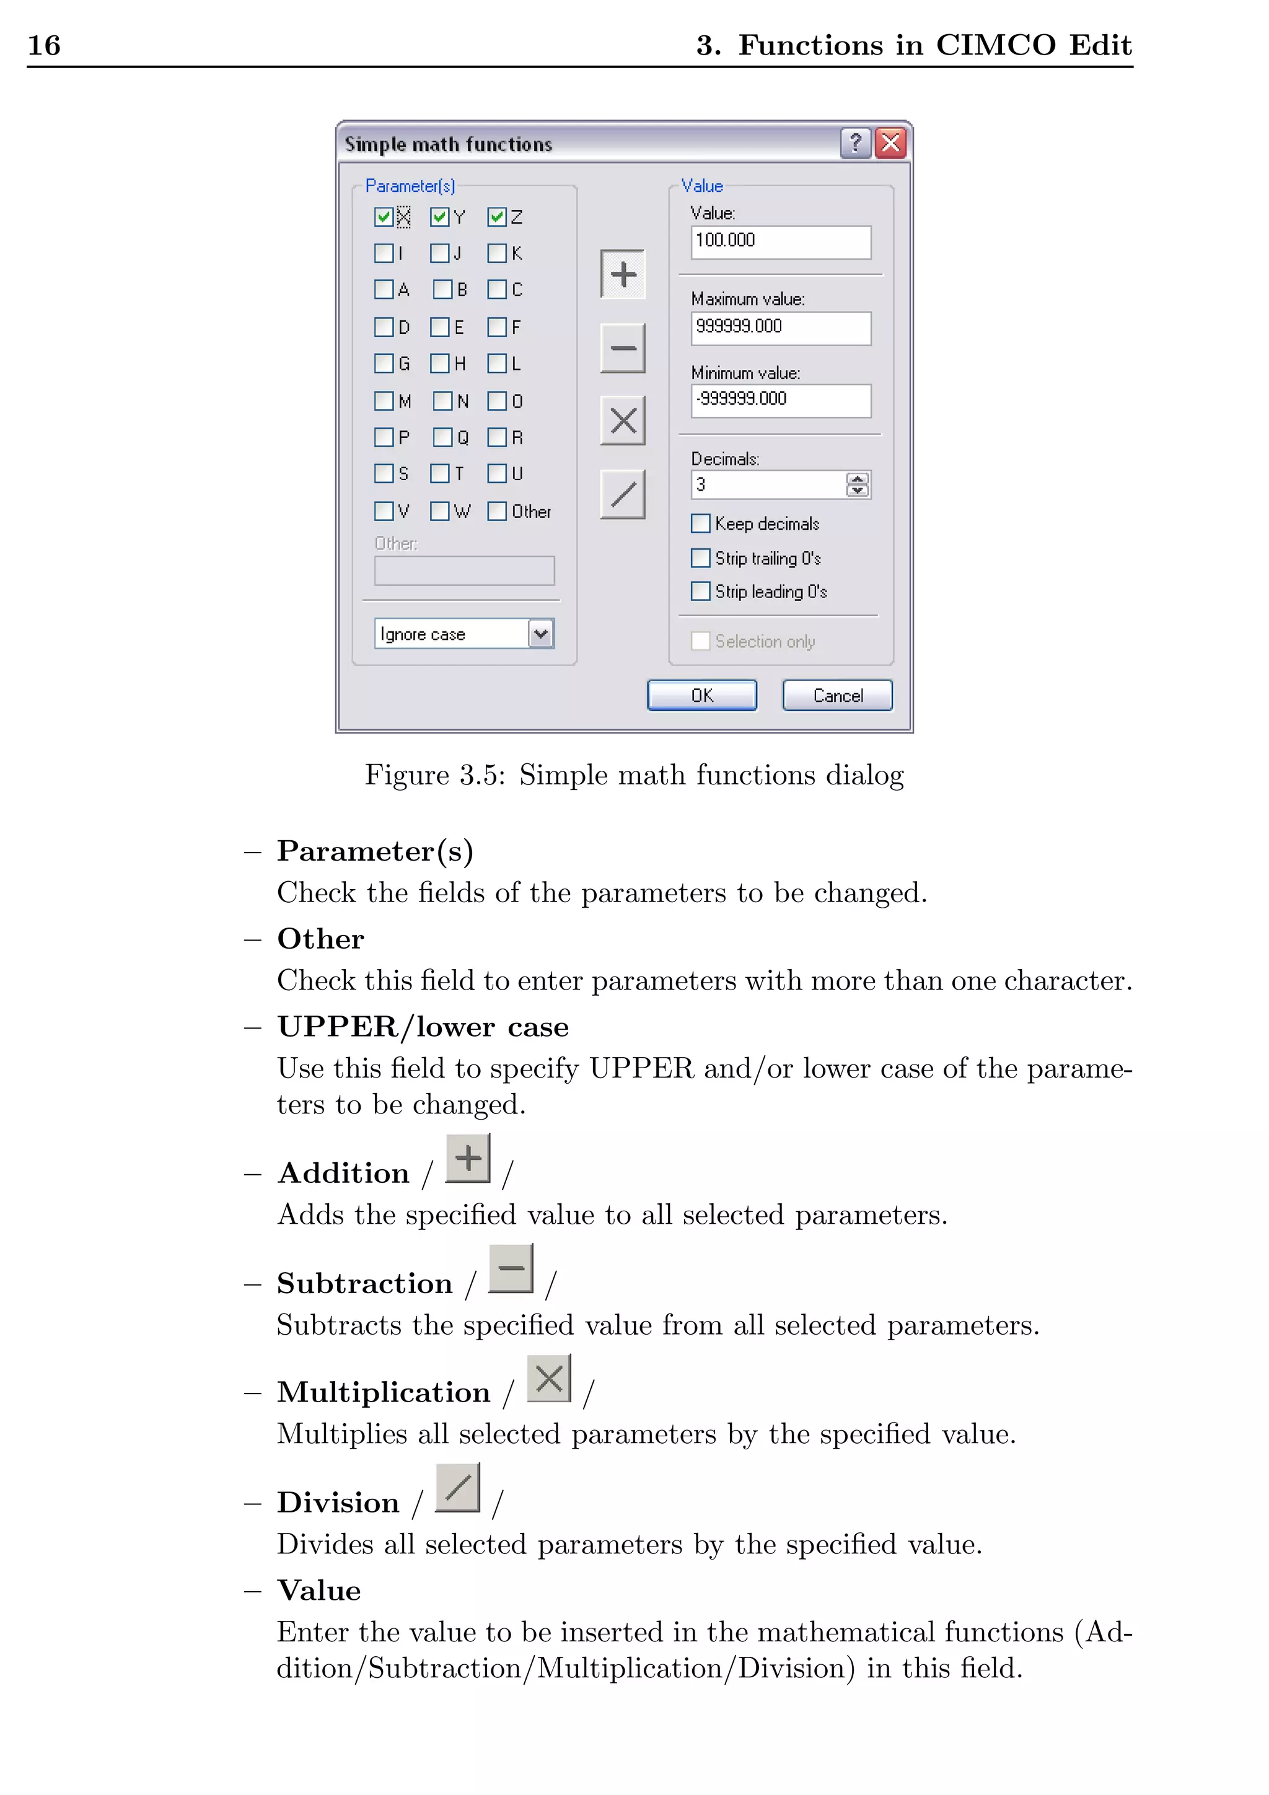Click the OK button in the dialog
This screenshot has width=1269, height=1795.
pyautogui.click(x=701, y=695)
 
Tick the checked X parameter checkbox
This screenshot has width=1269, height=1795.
pyautogui.click(x=383, y=217)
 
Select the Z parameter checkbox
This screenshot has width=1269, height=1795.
pyautogui.click(x=496, y=217)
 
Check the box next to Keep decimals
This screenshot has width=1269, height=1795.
pyautogui.click(x=701, y=523)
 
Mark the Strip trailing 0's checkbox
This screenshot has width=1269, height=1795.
pyautogui.click(x=701, y=558)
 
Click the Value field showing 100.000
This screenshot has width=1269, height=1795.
pyautogui.click(x=780, y=242)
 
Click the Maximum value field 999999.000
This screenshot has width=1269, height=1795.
pyautogui.click(x=780, y=328)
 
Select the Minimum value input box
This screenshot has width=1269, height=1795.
pyautogui.click(x=780, y=400)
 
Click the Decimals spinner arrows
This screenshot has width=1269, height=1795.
pyautogui.click(x=858, y=485)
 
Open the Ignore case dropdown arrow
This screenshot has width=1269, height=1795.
pyautogui.click(x=541, y=633)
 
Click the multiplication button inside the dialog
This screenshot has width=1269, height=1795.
pyautogui.click(x=622, y=421)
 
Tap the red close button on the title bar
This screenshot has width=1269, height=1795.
pyautogui.click(x=890, y=143)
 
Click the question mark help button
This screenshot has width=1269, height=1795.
pyautogui.click(x=855, y=143)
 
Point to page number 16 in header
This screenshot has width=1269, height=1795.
pyautogui.click(x=44, y=45)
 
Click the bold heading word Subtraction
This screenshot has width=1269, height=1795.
pyautogui.click(x=364, y=1284)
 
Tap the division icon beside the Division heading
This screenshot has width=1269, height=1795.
pyautogui.click(x=457, y=1487)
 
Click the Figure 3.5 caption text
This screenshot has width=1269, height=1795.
pyautogui.click(x=634, y=775)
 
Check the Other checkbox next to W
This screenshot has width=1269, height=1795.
pyautogui.click(x=496, y=511)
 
